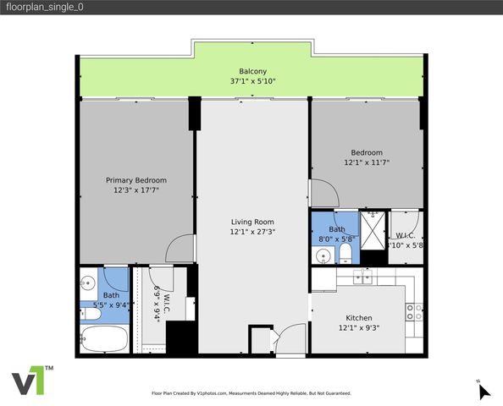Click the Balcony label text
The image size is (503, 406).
(252, 71)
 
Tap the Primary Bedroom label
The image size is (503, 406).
(135, 180)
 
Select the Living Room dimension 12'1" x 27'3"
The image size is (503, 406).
(252, 231)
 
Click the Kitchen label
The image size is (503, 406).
(360, 318)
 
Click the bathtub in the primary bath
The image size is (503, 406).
(103, 340)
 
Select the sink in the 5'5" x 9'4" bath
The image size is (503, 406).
(87, 282)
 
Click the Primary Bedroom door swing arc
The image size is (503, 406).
(181, 249)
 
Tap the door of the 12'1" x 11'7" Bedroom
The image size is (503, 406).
(323, 194)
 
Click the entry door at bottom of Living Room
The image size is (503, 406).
(291, 338)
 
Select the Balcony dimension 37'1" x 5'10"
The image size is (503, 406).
(252, 81)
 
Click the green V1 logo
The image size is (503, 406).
(31, 381)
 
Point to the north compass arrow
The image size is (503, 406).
(484, 392)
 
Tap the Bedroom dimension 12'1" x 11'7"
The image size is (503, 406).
(367, 162)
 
